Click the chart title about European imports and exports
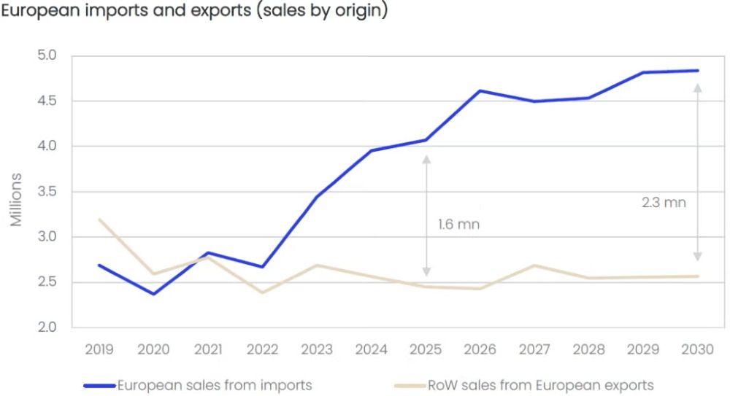(193, 13)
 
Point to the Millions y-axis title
(16, 199)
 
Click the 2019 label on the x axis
(99, 350)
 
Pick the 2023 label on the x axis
(317, 350)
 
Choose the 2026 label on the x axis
(480, 350)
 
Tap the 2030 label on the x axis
(698, 350)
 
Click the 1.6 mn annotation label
(459, 225)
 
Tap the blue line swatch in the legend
(100, 384)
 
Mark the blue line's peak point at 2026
(480, 90)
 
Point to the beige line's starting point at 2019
(99, 220)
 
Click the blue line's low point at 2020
(154, 294)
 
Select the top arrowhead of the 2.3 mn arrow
(697, 87)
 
